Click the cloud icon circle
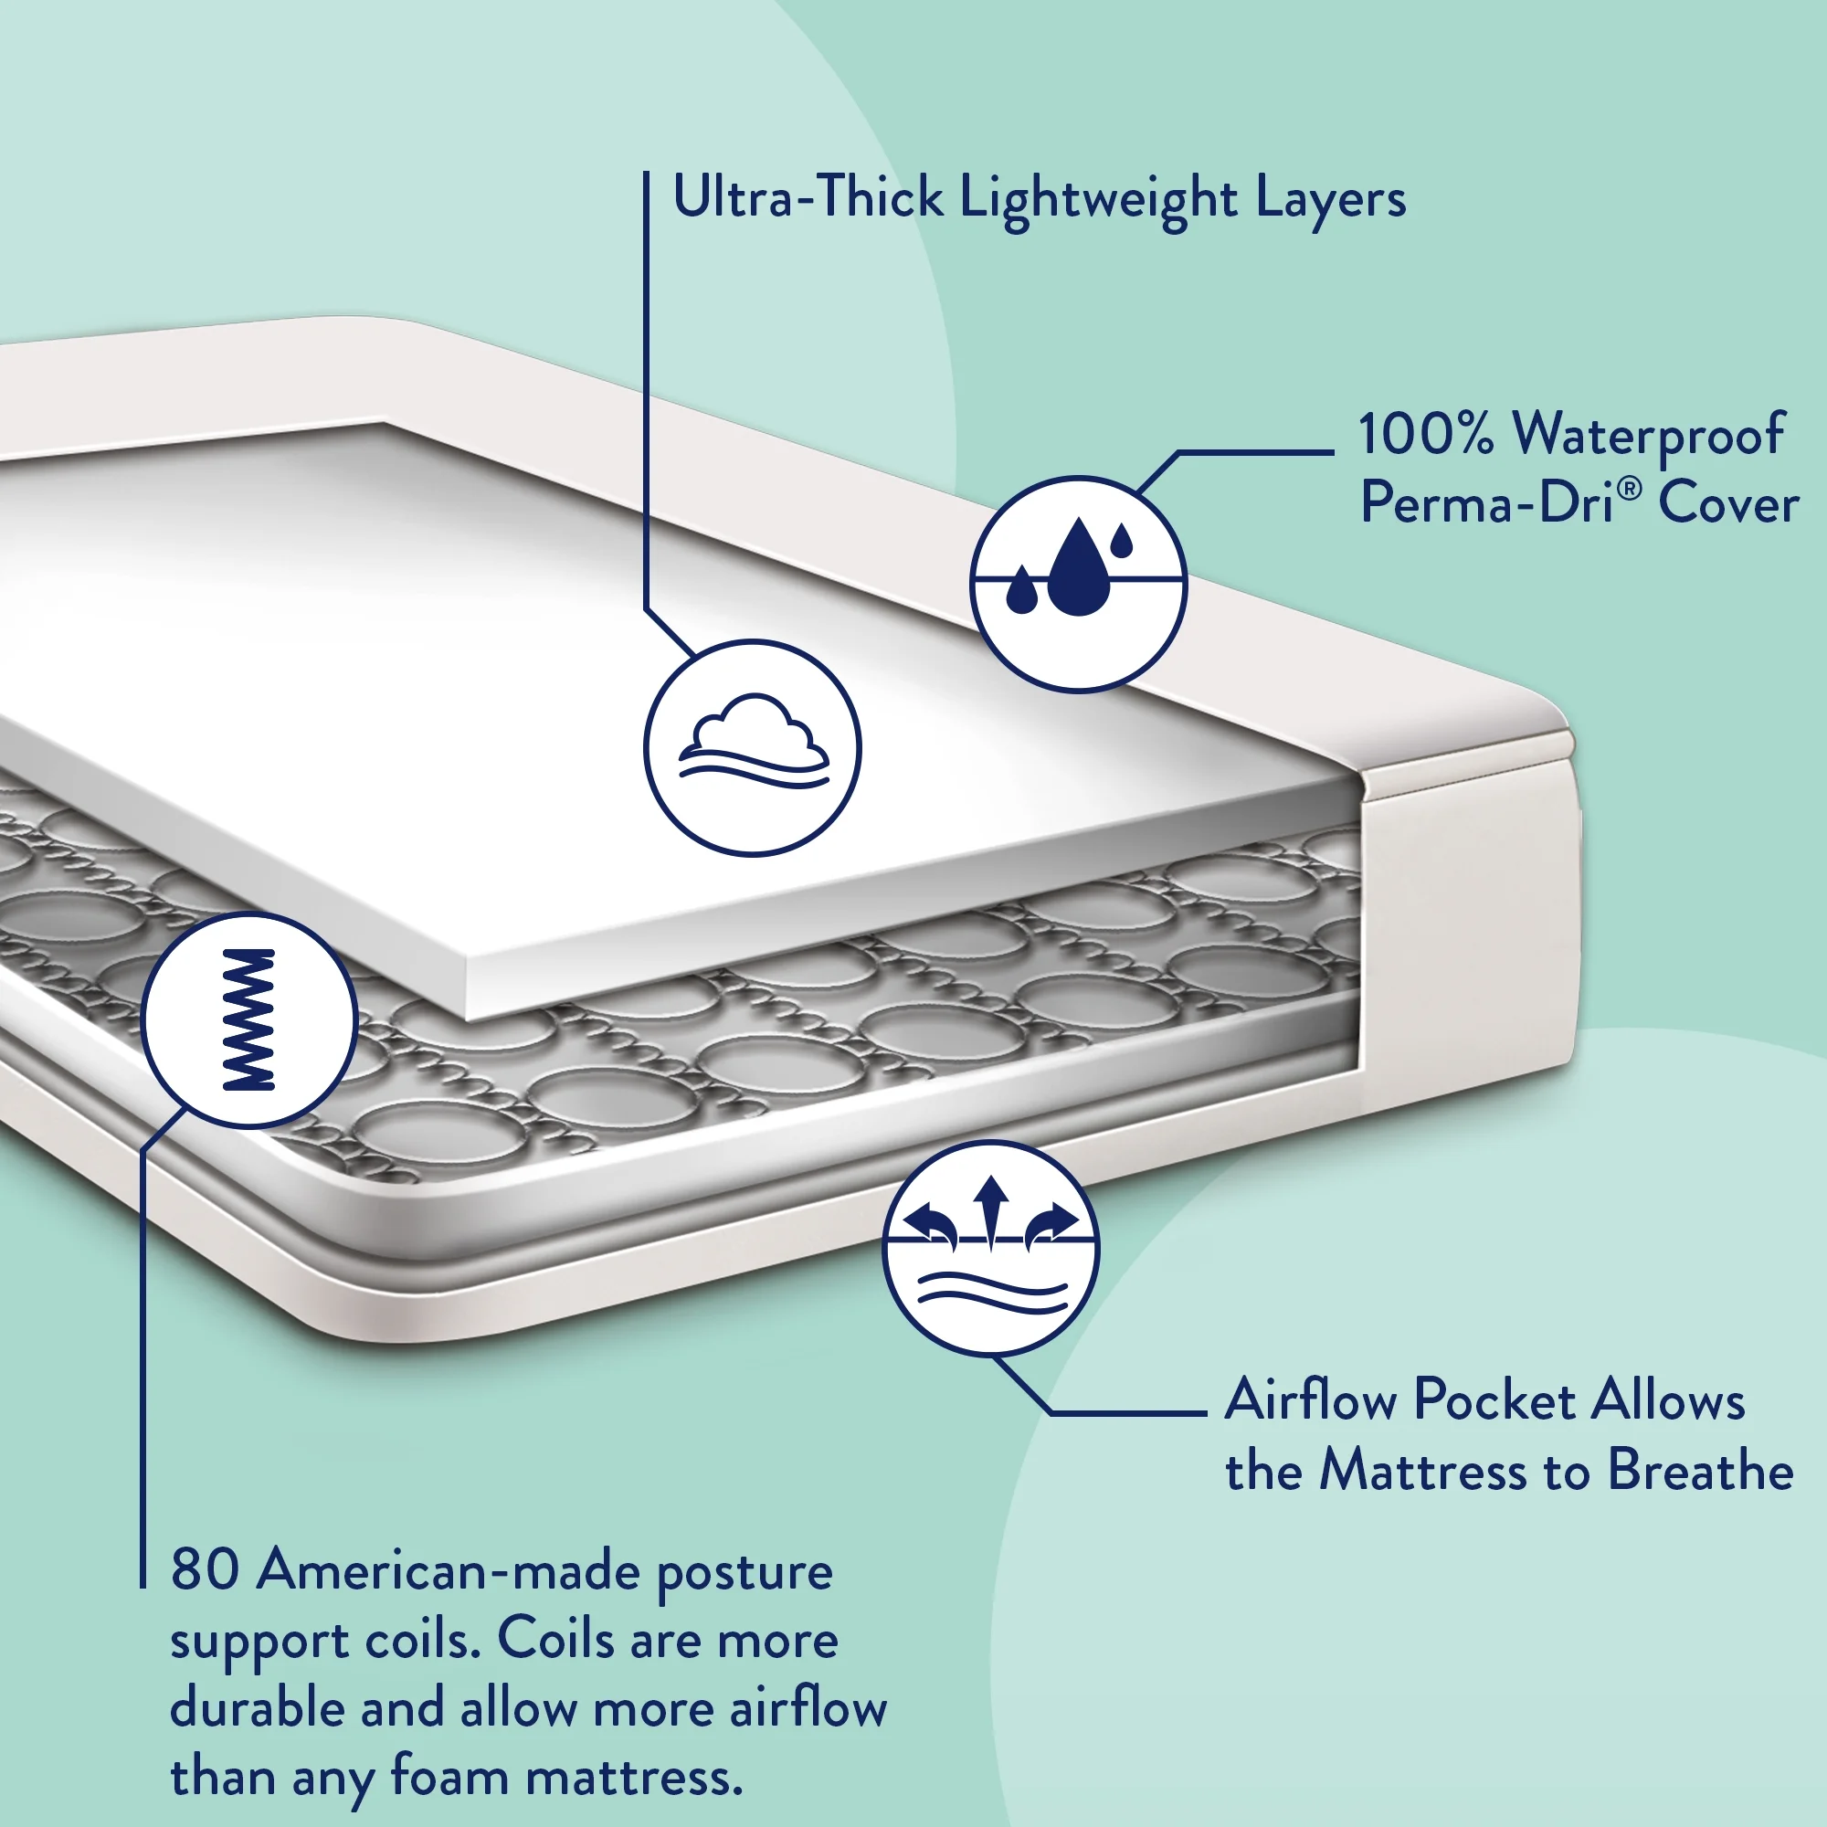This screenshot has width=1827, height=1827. coord(753,748)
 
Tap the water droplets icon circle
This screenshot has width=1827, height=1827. coord(1078,584)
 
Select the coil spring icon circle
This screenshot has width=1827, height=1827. coord(248,1020)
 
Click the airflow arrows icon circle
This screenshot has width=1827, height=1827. coord(991,1247)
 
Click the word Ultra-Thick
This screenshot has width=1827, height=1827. coord(808,197)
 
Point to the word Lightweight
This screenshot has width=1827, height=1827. coord(1098,200)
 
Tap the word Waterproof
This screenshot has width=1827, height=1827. coord(1649,436)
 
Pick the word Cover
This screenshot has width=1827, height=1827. coord(1728,503)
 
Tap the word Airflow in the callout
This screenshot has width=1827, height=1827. coord(1310,1400)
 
